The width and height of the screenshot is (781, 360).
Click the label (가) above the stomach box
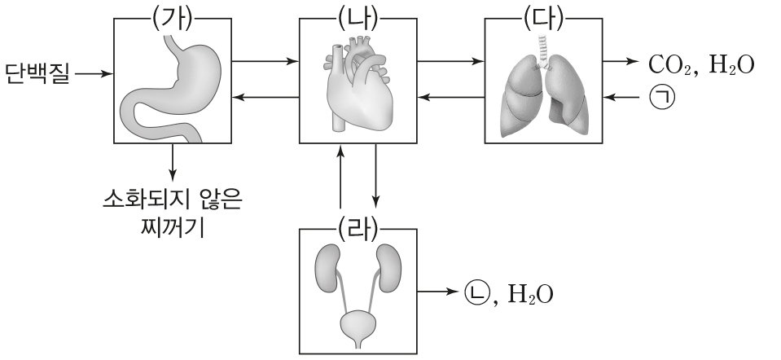pos(173,17)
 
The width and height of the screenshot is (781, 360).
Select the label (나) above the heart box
pos(358,17)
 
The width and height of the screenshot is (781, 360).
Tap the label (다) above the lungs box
pos(545,17)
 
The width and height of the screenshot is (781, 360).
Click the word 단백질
pos(37,74)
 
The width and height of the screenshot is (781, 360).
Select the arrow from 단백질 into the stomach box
pos(93,74)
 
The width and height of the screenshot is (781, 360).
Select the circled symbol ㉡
pos(475,291)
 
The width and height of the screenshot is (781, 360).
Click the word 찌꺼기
pos(173,225)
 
